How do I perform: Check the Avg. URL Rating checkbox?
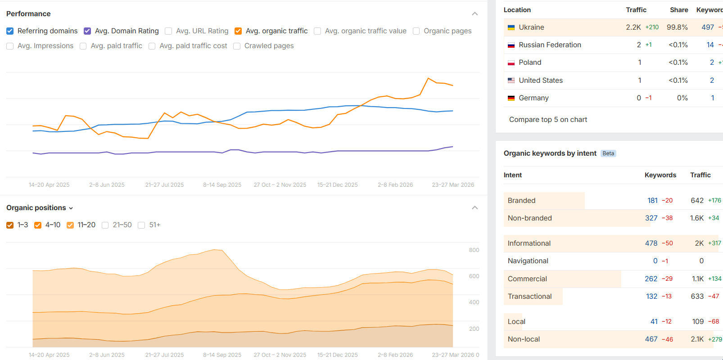(168, 31)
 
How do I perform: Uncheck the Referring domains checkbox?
(10, 31)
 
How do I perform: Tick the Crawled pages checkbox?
(237, 46)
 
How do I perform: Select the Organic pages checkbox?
(416, 31)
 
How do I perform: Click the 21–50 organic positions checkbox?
(105, 225)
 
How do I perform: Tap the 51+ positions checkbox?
(141, 225)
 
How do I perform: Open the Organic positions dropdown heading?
(40, 208)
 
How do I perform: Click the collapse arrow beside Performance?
(474, 14)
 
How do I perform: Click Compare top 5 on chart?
(548, 120)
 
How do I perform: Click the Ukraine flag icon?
(511, 27)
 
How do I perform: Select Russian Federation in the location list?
(550, 45)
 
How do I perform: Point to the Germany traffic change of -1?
(648, 98)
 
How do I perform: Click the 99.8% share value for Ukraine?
(677, 27)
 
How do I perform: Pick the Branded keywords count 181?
(652, 201)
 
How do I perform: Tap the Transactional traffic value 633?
(697, 297)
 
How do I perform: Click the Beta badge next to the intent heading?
(608, 153)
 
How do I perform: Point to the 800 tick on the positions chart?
(474, 250)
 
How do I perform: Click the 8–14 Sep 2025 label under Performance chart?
(222, 185)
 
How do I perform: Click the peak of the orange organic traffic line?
(428, 78)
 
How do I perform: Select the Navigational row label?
(528, 261)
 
